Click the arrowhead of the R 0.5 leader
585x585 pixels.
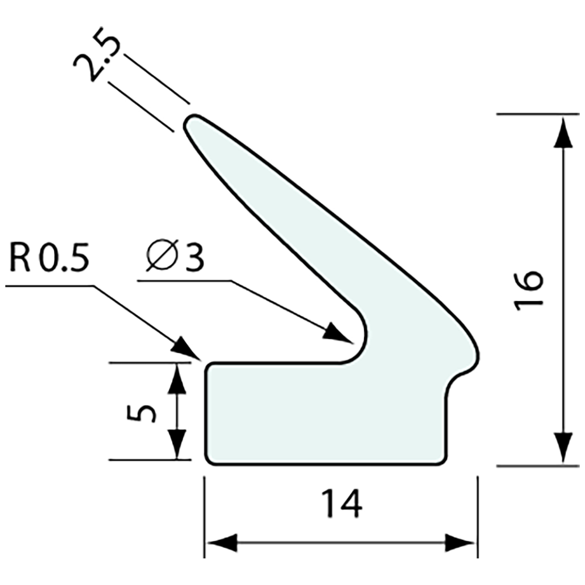[187, 349]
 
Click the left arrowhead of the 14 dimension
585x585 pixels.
[221, 543]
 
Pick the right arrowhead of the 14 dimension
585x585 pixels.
[460, 543]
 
